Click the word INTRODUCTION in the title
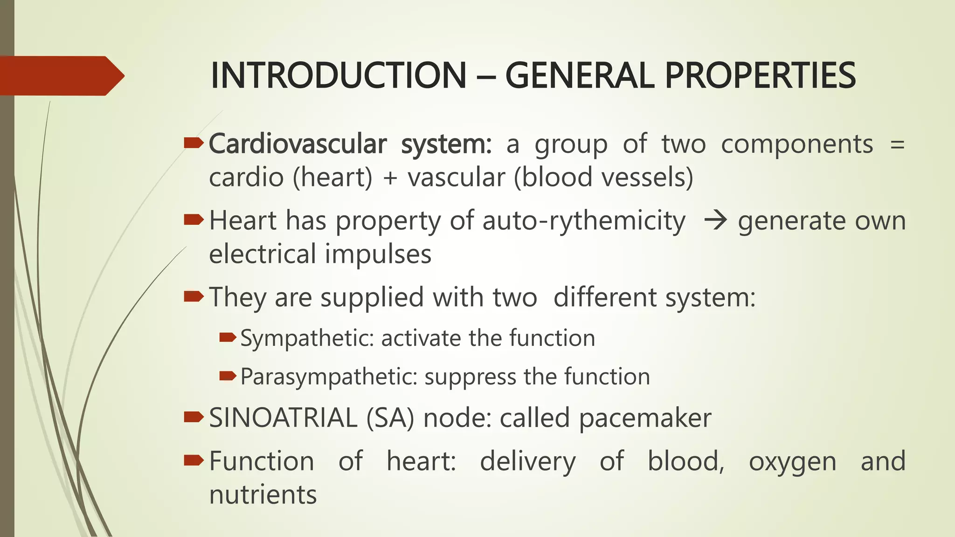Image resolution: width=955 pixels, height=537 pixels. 339,76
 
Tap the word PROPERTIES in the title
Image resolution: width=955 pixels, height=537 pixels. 760,76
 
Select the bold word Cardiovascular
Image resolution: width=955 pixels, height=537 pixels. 298,144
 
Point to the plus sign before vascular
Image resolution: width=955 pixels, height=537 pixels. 390,178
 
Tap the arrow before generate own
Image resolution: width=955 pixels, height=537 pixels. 715,220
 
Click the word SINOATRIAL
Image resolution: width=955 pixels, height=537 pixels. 283,418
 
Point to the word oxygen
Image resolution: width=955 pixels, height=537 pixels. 792,461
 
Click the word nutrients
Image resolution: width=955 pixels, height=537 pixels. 263,495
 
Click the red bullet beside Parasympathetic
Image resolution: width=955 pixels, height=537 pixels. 228,375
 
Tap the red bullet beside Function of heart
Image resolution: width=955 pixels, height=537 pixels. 194,461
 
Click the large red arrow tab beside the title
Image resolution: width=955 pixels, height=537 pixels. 61,76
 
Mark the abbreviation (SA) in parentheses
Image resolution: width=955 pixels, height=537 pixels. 390,418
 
